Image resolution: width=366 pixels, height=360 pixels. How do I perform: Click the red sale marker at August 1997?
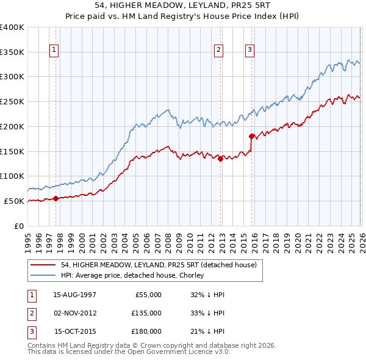pos(56,198)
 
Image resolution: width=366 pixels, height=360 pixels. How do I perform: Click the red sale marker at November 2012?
pos(220,159)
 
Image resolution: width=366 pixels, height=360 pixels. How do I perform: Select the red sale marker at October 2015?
pos(252,136)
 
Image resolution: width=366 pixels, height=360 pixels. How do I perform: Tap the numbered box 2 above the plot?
pos(218,51)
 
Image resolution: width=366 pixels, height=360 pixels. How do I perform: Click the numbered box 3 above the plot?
pos(250,51)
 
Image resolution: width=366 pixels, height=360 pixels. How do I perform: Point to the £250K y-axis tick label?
pos(12,101)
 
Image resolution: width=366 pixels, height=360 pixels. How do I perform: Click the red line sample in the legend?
pos(43,265)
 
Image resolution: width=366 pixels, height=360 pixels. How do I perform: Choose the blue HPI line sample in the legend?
pos(43,275)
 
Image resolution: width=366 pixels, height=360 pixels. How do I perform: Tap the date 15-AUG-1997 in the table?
pos(74,295)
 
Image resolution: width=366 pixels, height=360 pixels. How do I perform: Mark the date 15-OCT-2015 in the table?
pos(75,331)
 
